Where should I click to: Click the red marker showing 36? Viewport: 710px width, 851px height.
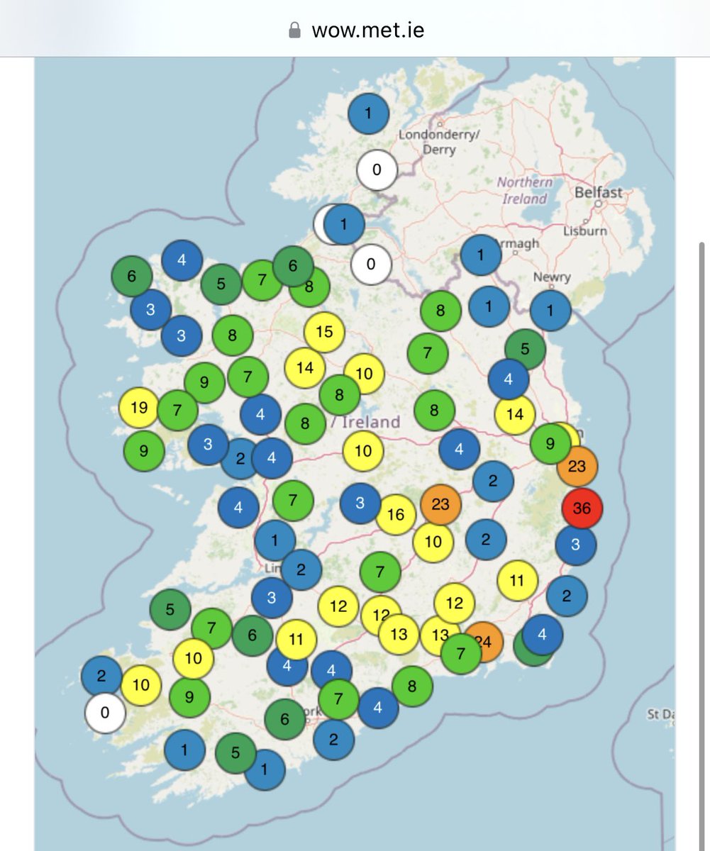[582, 508]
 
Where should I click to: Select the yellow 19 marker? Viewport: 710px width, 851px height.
[139, 408]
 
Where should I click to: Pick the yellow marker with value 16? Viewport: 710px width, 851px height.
[396, 515]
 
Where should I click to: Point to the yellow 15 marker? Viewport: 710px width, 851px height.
[324, 331]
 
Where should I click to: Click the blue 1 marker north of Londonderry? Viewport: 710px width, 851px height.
[368, 113]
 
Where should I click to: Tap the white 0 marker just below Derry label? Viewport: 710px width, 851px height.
[377, 170]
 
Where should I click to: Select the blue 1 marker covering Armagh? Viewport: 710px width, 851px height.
[480, 255]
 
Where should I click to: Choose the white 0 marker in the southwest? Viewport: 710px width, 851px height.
[105, 711]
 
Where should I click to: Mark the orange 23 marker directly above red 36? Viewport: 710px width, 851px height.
[577, 467]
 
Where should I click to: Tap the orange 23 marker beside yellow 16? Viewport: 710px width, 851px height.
[440, 504]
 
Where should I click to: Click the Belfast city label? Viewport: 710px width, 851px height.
[599, 192]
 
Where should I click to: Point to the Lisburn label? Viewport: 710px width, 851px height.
[584, 230]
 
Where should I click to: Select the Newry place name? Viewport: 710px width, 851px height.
[551, 277]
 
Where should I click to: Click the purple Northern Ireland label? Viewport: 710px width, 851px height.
[524, 190]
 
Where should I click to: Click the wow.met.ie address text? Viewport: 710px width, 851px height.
[368, 30]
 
